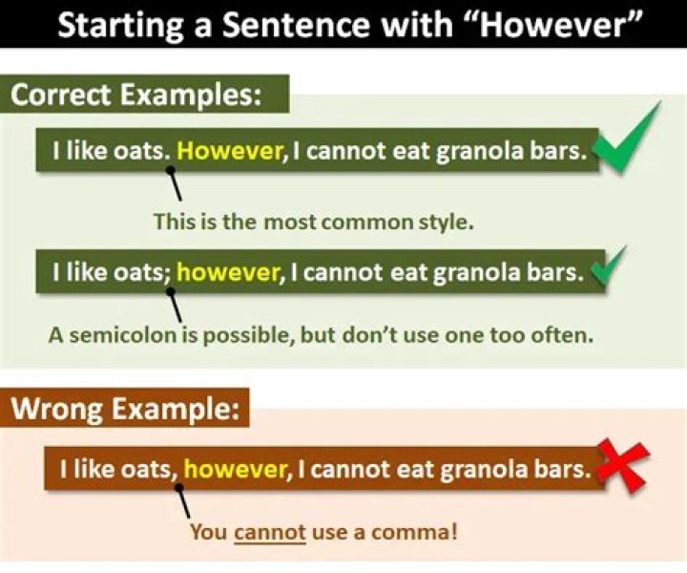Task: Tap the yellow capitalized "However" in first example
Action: click(230, 150)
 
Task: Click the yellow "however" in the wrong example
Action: click(235, 469)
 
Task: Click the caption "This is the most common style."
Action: click(314, 222)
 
